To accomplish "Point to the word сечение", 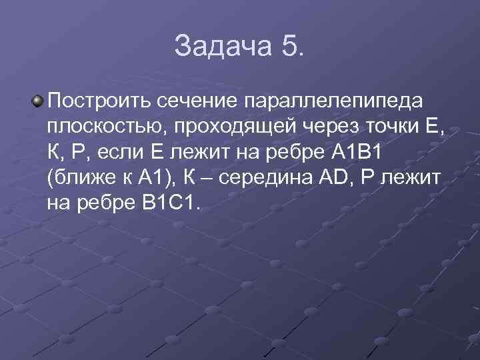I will (199, 101).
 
